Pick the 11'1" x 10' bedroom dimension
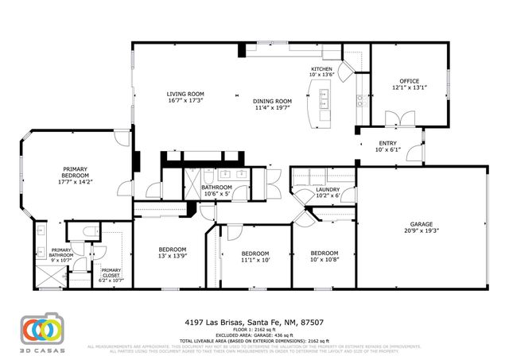pos(256,260)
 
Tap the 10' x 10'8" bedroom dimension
pos(324,260)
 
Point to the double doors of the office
pos(406,119)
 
